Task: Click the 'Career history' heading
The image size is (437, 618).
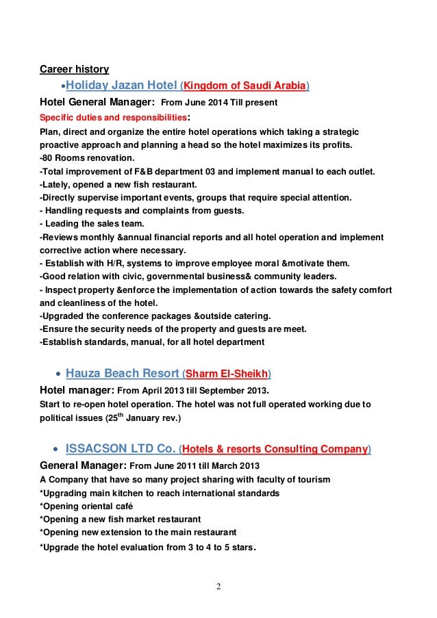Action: (73, 69)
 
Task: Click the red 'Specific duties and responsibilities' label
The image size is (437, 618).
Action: (112, 117)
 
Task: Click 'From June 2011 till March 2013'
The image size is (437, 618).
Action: (182, 466)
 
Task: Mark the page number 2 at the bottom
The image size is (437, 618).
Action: (218, 587)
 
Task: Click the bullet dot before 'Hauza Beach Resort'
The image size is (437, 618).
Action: (57, 374)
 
